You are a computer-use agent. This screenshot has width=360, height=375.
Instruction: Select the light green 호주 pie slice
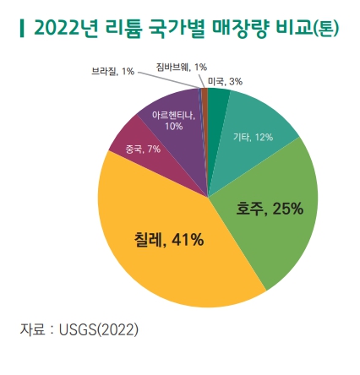pyautogui.click(x=270, y=220)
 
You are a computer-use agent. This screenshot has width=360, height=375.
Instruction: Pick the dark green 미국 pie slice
pyautogui.click(x=217, y=100)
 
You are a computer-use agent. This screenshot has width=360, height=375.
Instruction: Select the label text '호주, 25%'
pyautogui.click(x=270, y=208)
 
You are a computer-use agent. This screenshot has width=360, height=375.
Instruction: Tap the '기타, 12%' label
pyautogui.click(x=253, y=136)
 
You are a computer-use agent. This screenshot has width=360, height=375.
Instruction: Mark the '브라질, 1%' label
pyautogui.click(x=112, y=72)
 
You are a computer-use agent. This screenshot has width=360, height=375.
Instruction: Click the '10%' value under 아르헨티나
pyautogui.click(x=174, y=126)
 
